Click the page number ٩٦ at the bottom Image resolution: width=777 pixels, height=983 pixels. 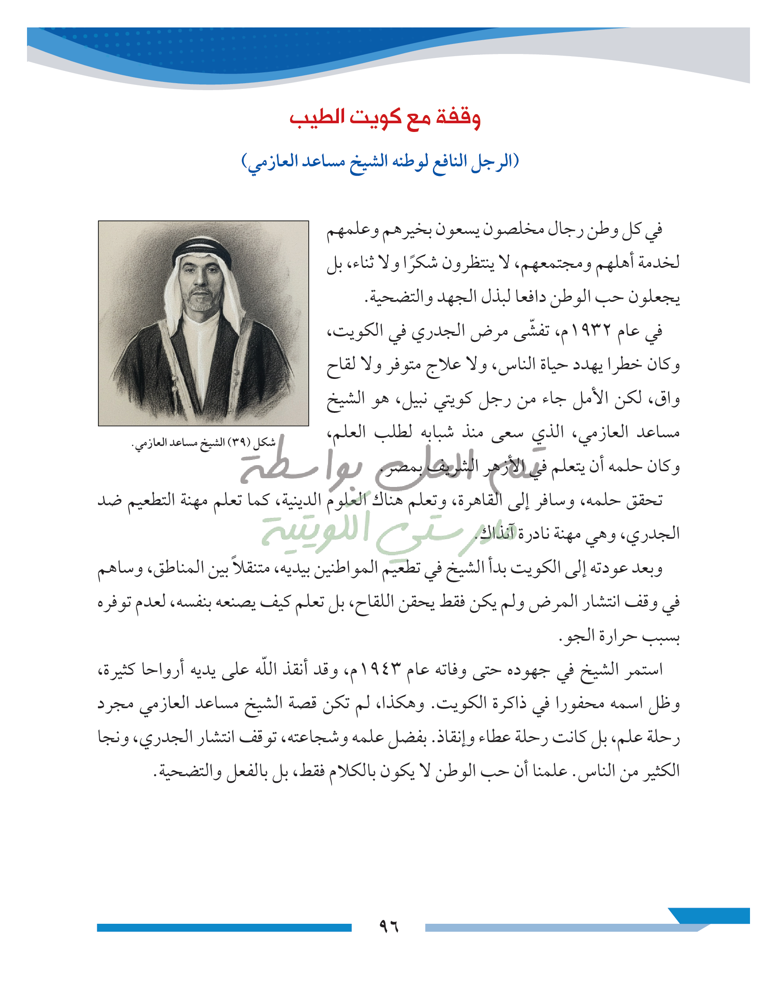(x=388, y=926)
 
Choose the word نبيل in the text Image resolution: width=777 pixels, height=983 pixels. (x=407, y=399)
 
